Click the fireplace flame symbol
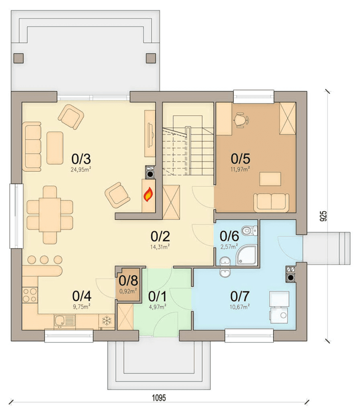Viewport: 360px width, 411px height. tap(148, 194)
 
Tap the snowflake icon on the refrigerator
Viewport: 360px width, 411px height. tap(106, 320)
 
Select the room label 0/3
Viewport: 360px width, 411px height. tap(81, 159)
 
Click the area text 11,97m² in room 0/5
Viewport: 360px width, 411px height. tap(240, 169)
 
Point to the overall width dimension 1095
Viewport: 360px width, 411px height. tap(159, 398)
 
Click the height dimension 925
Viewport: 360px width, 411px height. tap(323, 216)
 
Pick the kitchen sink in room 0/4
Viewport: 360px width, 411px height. tap(65, 321)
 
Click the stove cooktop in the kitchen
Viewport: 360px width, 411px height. tap(30, 295)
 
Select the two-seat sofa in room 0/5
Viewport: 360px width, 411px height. tap(271, 202)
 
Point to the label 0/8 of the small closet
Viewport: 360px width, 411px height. tap(128, 281)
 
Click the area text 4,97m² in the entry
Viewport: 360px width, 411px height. tap(157, 307)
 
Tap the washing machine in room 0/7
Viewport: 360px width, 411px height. tap(280, 315)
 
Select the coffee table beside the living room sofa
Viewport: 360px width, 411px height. tap(55, 148)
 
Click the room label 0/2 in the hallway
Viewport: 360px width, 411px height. tap(160, 236)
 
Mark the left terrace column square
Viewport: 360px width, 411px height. tap(18, 58)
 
